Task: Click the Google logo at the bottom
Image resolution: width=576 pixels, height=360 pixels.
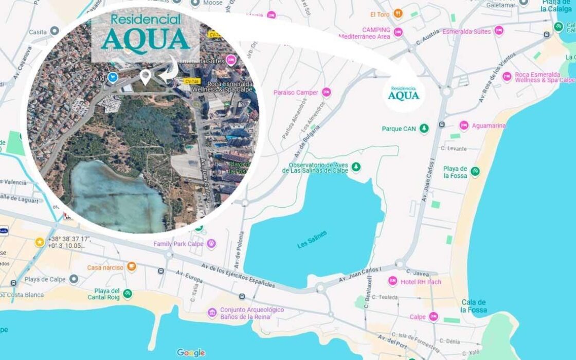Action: (191, 353)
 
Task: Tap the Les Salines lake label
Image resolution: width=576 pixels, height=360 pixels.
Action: (312, 240)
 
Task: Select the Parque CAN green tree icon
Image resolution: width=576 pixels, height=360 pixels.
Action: (424, 129)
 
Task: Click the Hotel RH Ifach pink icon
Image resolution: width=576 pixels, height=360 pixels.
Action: (393, 281)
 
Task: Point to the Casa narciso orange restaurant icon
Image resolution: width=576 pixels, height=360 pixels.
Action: (132, 267)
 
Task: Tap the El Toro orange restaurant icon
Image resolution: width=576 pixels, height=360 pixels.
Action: (398, 14)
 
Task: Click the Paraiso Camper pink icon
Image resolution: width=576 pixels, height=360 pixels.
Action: (327, 93)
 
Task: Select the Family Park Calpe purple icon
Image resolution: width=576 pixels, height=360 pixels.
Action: (211, 244)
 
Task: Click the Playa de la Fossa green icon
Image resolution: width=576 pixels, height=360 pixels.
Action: (475, 172)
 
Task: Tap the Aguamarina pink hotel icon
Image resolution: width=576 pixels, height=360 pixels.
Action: (464, 125)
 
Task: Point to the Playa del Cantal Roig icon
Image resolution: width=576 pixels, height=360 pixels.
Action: (128, 294)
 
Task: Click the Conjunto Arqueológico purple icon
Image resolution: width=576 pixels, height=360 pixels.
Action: (212, 313)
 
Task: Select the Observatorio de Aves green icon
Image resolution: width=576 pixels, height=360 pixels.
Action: (355, 167)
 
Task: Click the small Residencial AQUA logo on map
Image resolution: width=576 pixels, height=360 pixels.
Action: (404, 93)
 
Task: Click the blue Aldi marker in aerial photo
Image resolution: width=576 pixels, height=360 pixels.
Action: (113, 77)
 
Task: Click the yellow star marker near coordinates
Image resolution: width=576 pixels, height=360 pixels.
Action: (40, 242)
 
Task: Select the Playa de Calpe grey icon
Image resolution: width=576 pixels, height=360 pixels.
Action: (74, 279)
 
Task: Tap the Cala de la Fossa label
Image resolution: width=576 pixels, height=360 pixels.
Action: (474, 306)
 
